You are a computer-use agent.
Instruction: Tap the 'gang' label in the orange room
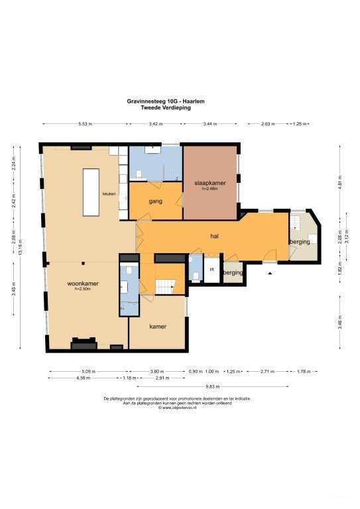pyautogui.click(x=156, y=201)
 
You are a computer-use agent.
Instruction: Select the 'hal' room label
pyautogui.click(x=215, y=236)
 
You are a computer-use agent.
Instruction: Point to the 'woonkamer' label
pyautogui.click(x=83, y=284)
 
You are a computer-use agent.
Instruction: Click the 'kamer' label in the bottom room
pyautogui.click(x=157, y=326)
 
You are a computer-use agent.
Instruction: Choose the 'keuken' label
pyautogui.click(x=109, y=194)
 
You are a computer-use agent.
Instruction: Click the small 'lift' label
pyautogui.click(x=211, y=270)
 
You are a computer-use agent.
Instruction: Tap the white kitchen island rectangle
pyautogui.click(x=91, y=192)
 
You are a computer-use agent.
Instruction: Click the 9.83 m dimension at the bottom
pyautogui.click(x=212, y=385)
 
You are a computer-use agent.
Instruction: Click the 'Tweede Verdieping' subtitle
pyautogui.click(x=166, y=107)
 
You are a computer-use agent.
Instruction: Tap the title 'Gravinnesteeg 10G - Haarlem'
pyautogui.click(x=166, y=101)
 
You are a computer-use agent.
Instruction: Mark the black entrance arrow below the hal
pyautogui.click(x=270, y=272)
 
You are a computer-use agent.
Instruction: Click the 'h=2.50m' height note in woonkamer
pyautogui.click(x=83, y=289)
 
